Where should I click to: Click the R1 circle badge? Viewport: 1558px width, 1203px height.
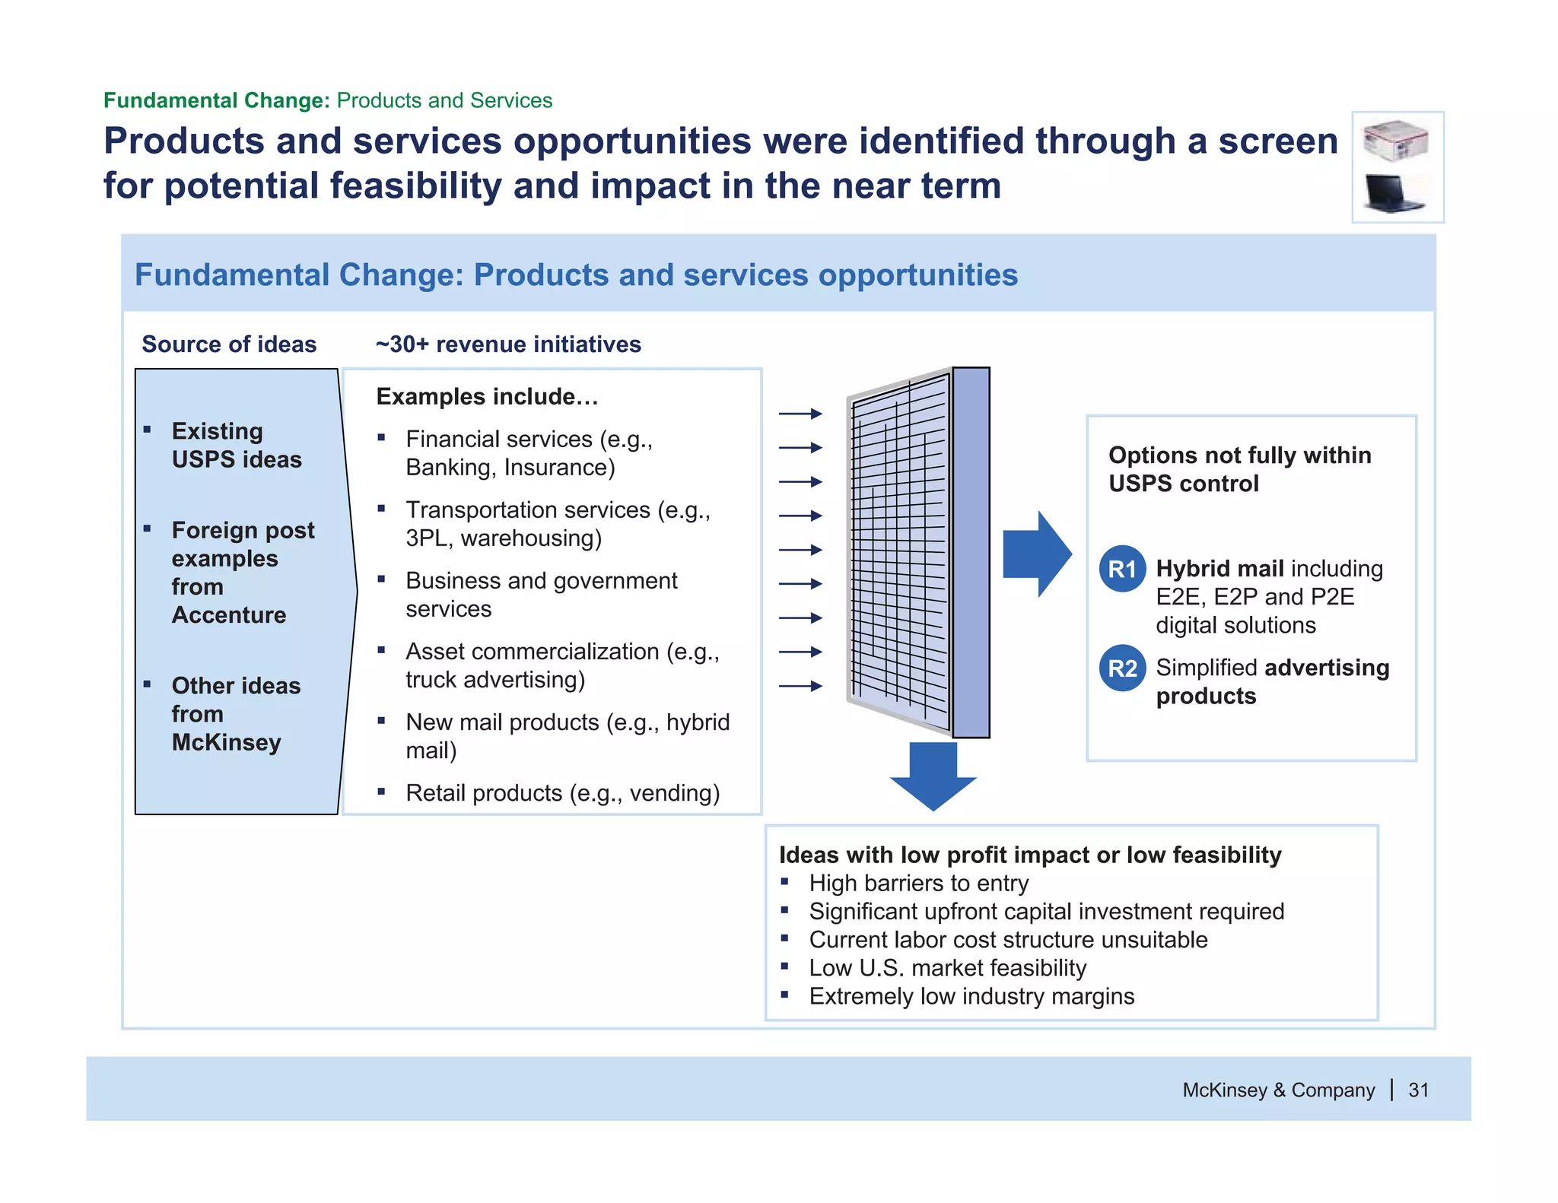(x=1122, y=569)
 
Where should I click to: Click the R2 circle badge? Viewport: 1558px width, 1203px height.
(x=1122, y=668)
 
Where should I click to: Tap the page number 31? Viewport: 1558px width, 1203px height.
(x=1418, y=1090)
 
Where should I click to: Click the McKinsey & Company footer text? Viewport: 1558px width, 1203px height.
(x=1278, y=1090)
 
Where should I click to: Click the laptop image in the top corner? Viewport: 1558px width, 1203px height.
(x=1394, y=194)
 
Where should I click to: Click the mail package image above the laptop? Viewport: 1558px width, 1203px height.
(x=1395, y=141)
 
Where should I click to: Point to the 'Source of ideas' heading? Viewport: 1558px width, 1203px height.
(x=229, y=344)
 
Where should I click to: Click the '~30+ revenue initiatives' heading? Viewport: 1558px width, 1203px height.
(x=508, y=344)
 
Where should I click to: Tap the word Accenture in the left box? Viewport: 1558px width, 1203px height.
(x=229, y=614)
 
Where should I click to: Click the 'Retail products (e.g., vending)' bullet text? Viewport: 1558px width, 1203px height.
(x=562, y=793)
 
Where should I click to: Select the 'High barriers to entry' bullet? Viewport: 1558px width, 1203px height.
(x=918, y=883)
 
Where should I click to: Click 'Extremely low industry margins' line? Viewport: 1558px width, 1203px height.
(x=971, y=996)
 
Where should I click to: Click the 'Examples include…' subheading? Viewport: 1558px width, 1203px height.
(x=487, y=396)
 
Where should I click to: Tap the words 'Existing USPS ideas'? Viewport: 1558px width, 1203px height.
(x=236, y=445)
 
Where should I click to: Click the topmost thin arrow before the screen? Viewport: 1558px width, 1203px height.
(x=800, y=414)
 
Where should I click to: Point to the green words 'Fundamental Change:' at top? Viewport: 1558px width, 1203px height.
(x=216, y=100)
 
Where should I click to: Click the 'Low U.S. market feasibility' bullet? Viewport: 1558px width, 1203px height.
(x=947, y=968)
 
